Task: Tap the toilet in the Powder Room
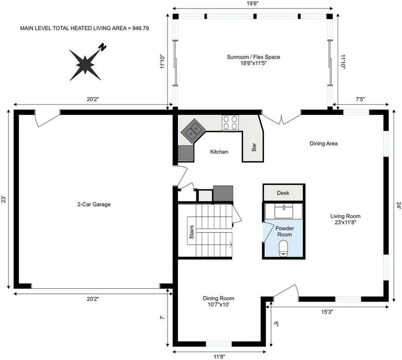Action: [283, 248]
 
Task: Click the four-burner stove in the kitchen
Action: [230, 123]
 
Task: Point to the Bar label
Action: [254, 147]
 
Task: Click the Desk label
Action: [283, 193]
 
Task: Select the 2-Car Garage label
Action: [93, 204]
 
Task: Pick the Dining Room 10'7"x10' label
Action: [218, 301]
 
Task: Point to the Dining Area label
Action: [323, 144]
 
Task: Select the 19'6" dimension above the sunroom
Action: [252, 3]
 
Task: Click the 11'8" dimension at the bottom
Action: [219, 356]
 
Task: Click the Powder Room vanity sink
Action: [283, 210]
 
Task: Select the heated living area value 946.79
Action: [139, 28]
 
